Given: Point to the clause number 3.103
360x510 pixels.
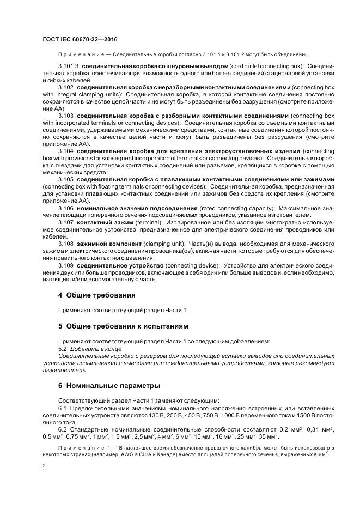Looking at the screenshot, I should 65,116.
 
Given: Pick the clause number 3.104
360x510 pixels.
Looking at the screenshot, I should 65,151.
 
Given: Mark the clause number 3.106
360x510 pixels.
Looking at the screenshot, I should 65,208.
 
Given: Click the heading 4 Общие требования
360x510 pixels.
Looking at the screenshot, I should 96,295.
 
